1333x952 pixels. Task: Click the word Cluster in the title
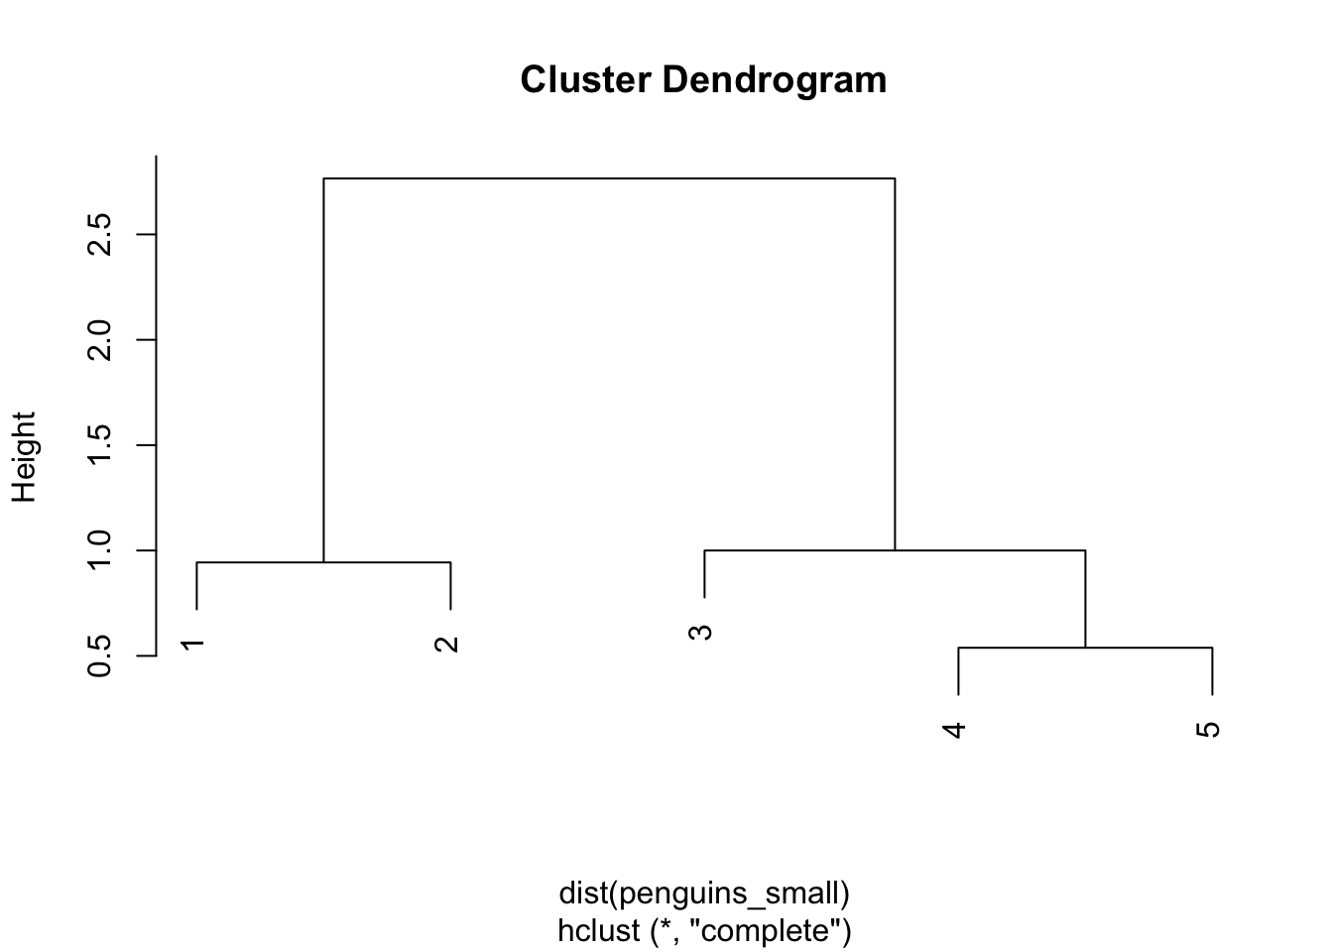585,79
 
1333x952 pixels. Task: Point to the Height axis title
25,457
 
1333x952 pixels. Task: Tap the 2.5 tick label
99,234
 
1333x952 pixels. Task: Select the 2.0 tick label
99,340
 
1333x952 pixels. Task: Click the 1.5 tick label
99,445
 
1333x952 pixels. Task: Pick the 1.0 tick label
99,550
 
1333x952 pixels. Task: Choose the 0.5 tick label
99,655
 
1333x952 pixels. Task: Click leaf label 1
192,645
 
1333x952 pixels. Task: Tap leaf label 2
446,645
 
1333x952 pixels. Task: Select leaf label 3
700,633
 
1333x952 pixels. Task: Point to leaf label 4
954,730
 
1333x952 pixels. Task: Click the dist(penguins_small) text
704,893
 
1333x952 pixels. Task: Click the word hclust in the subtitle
599,930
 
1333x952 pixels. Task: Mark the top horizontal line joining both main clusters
609,178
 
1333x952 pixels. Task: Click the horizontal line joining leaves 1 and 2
323,561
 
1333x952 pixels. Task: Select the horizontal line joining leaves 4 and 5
1085,648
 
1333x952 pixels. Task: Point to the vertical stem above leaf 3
704,573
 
